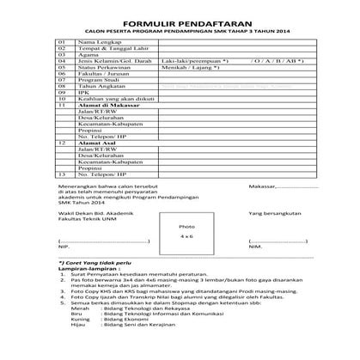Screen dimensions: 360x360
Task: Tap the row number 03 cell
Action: click(61, 56)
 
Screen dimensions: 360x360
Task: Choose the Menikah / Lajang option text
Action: click(187, 70)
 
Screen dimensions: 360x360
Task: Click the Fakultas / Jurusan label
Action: click(100, 77)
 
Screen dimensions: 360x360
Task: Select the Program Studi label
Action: click(95, 84)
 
